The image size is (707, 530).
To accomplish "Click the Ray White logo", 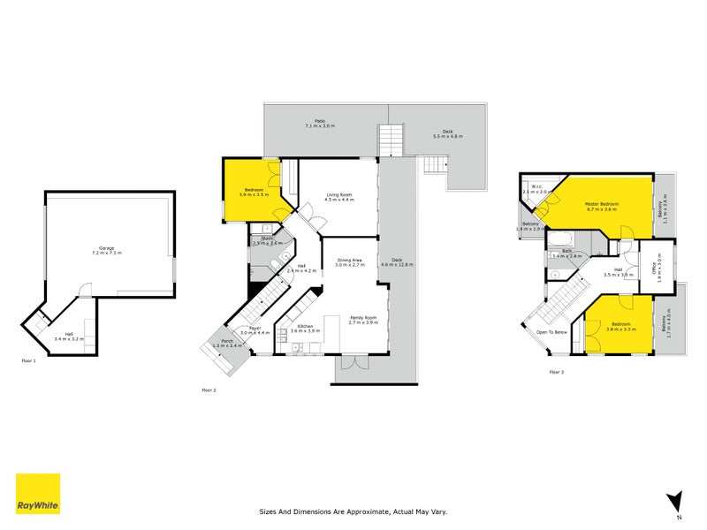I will pyautogui.click(x=38, y=495).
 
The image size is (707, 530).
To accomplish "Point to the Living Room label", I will pyautogui.click(x=339, y=197).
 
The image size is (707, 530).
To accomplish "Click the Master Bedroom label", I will pyautogui.click(x=601, y=206).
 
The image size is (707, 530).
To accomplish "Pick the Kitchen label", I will pyautogui.click(x=305, y=327).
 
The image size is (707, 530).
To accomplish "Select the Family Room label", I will pyautogui.click(x=362, y=319).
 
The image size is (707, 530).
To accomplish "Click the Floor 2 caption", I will pyautogui.click(x=209, y=390).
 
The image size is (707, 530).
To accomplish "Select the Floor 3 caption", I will pyautogui.click(x=557, y=372).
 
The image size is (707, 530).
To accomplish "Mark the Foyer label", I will pyautogui.click(x=255, y=329).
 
